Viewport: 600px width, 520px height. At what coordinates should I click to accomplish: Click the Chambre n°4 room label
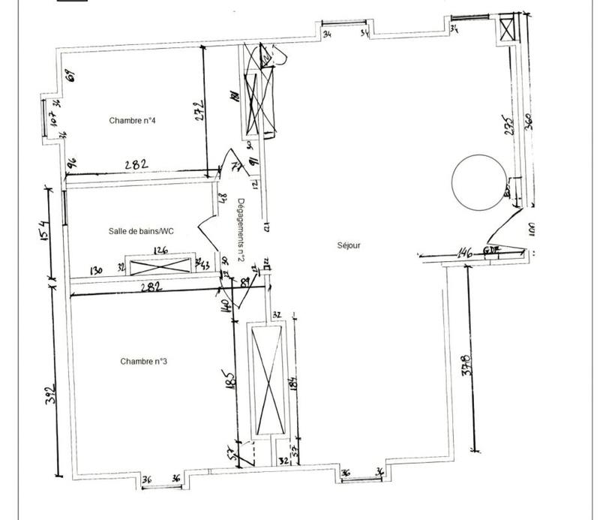[132, 120]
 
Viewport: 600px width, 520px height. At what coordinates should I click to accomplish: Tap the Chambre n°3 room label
[143, 361]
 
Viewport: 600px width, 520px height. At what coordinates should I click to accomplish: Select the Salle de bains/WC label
[141, 231]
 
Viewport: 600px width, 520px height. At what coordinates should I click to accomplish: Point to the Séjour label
[349, 245]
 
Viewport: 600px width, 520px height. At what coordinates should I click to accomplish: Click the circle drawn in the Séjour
[477, 182]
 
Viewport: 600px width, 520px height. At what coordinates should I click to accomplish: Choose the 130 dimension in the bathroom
[96, 270]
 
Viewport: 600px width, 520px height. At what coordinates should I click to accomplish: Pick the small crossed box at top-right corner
[508, 30]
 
